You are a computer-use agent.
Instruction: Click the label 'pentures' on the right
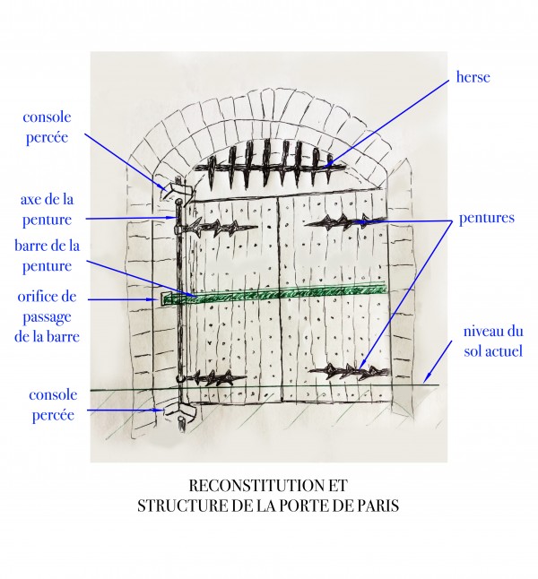(484, 218)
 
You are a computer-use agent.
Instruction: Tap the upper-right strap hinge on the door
(336, 221)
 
